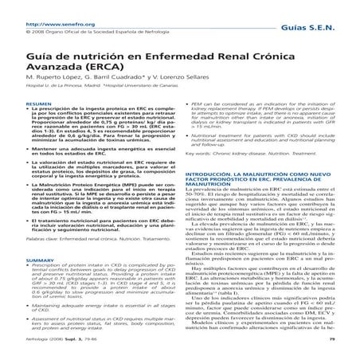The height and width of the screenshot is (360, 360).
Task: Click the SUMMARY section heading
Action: [19, 283]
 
